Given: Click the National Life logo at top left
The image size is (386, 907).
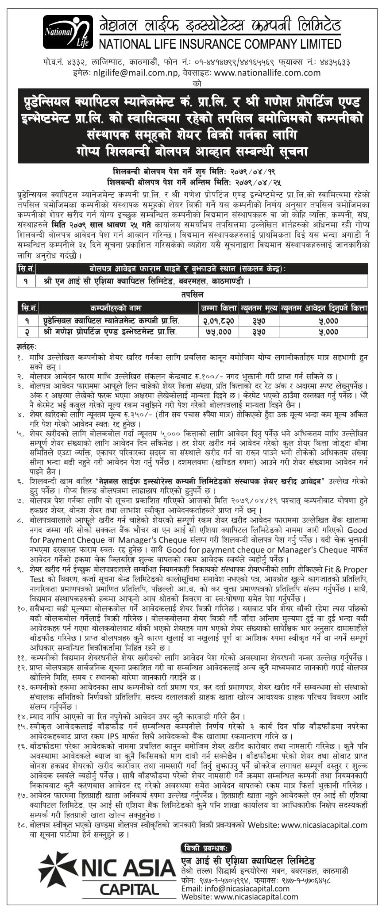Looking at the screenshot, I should [x=67, y=32].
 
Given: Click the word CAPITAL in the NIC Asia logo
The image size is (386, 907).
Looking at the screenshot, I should [x=129, y=889].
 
